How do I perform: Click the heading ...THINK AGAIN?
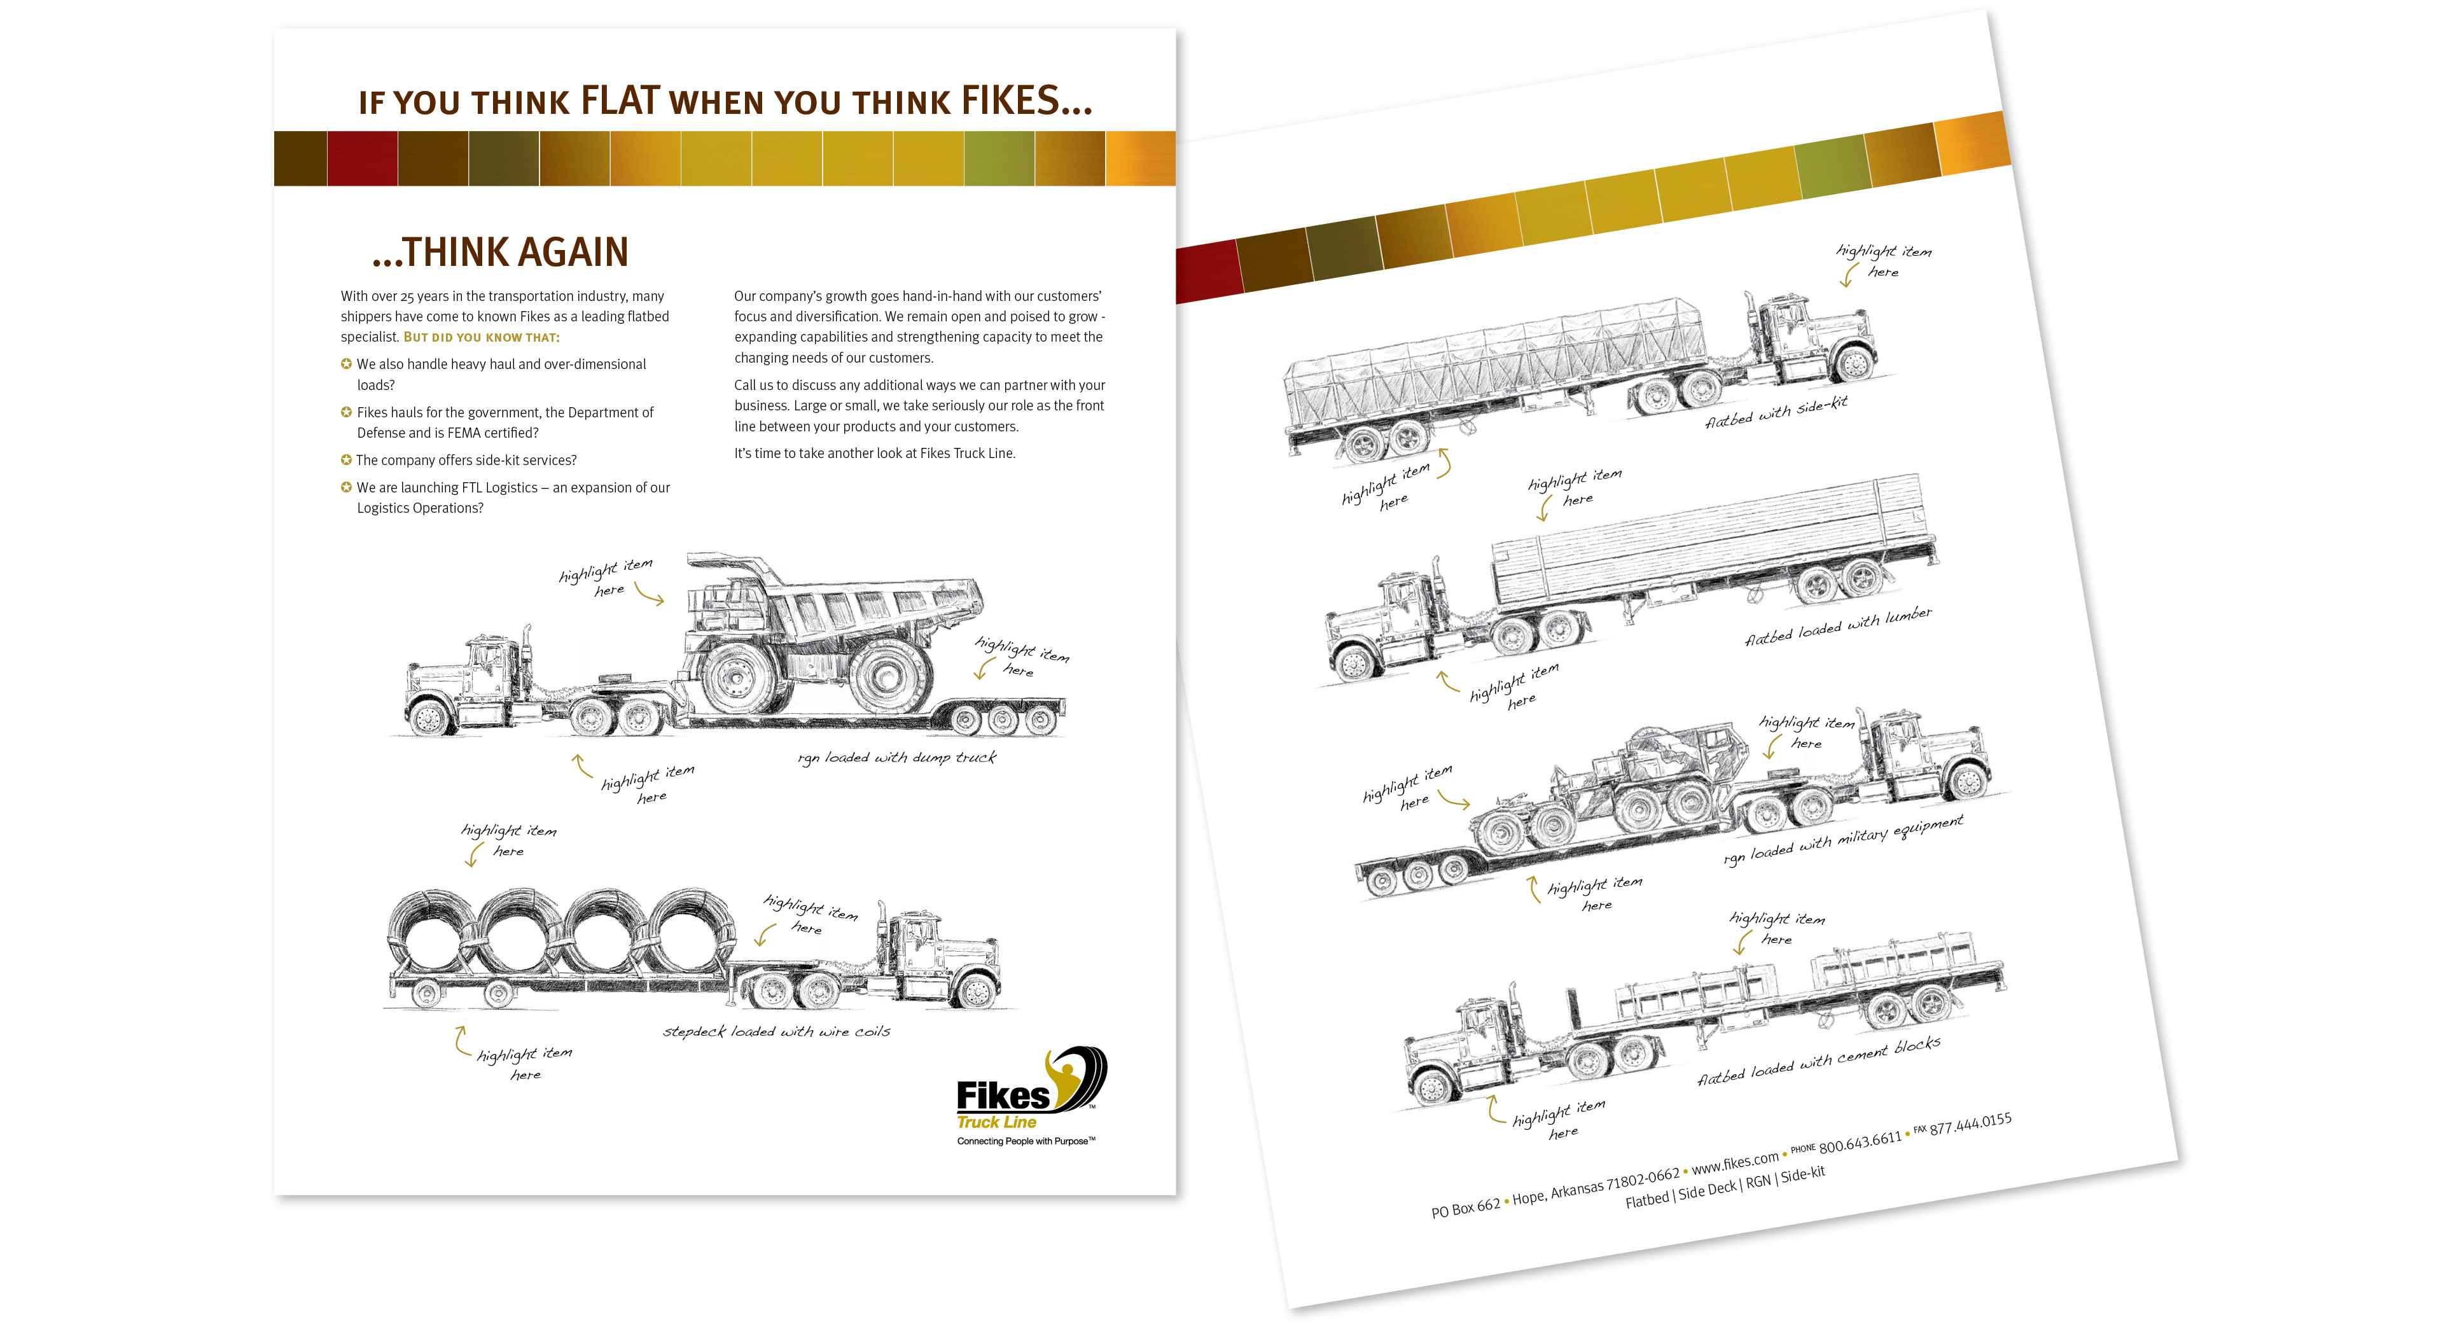tap(500, 252)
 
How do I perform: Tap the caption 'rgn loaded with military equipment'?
tap(1842, 840)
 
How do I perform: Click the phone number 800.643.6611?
tap(1859, 1141)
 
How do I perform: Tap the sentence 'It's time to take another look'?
tap(873, 453)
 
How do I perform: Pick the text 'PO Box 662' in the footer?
tap(1465, 1209)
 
